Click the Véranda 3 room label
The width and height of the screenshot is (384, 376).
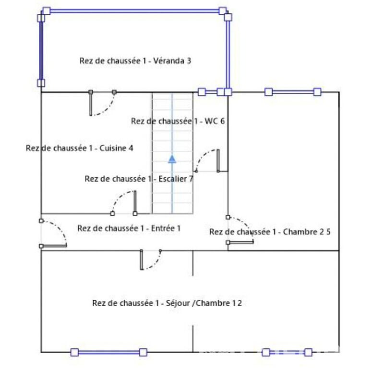click(x=135, y=60)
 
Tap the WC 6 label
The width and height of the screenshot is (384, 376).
click(x=178, y=121)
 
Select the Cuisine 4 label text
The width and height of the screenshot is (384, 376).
click(x=80, y=148)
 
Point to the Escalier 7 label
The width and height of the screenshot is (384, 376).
click(x=139, y=179)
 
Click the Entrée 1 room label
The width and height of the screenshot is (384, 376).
click(x=129, y=228)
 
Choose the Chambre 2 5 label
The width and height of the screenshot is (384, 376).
click(x=270, y=232)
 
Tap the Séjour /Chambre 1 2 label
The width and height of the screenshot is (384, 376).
click(x=167, y=303)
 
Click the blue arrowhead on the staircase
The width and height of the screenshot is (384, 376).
click(x=172, y=159)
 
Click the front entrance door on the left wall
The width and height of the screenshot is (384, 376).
click(x=53, y=233)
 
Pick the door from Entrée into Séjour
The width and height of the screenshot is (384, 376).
click(x=151, y=260)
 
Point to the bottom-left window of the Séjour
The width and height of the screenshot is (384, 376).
click(x=109, y=353)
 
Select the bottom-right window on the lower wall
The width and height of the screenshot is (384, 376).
click(x=287, y=353)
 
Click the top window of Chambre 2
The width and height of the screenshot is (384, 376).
click(x=293, y=92)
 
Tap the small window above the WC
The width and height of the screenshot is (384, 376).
click(x=211, y=92)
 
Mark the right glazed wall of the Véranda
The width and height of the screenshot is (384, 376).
click(x=228, y=54)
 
